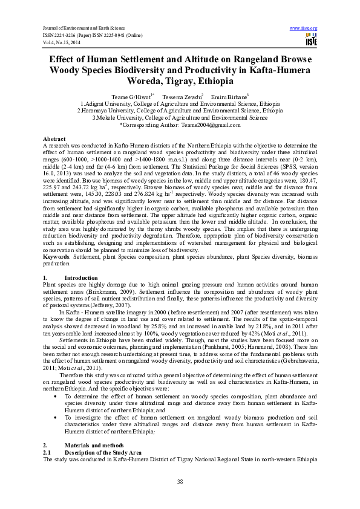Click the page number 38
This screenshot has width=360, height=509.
[180, 481]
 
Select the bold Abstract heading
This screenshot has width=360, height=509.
[54, 138]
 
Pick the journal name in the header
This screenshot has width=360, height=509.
[82, 28]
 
